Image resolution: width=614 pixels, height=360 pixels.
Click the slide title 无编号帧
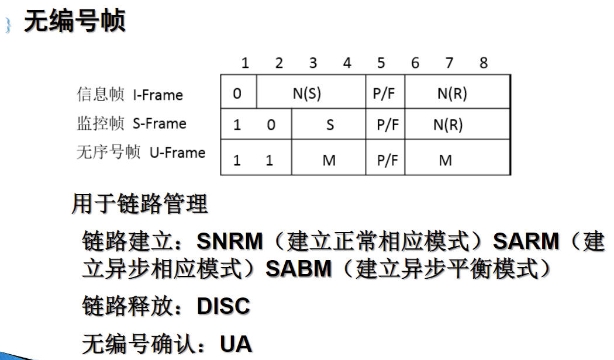click(x=74, y=23)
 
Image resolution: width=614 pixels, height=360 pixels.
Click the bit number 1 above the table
click(x=245, y=63)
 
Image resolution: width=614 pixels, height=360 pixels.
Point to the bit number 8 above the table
click(x=483, y=63)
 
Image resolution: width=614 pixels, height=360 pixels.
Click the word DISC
click(x=223, y=306)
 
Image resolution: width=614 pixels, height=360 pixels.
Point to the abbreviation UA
click(x=236, y=344)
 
